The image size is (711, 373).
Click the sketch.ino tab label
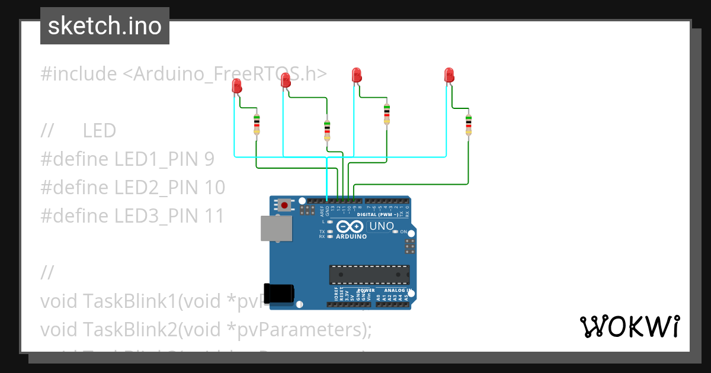[105, 26]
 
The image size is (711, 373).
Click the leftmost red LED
[237, 87]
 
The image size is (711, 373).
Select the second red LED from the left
[286, 79]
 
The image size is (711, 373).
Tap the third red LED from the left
[357, 75]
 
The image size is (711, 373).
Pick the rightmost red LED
[449, 75]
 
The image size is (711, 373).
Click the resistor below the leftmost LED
[257, 124]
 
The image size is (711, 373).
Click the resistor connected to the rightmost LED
[468, 125]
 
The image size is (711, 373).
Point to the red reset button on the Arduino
[285, 205]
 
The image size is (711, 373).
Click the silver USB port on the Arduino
[276, 229]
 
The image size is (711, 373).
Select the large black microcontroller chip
[369, 275]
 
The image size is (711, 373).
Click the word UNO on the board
[381, 226]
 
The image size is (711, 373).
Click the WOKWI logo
[629, 326]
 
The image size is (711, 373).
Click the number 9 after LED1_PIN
[209, 159]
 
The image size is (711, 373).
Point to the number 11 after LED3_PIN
[215, 216]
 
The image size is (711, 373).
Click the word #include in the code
[79, 74]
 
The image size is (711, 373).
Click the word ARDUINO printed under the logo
[351, 236]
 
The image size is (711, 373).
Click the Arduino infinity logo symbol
[350, 226]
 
